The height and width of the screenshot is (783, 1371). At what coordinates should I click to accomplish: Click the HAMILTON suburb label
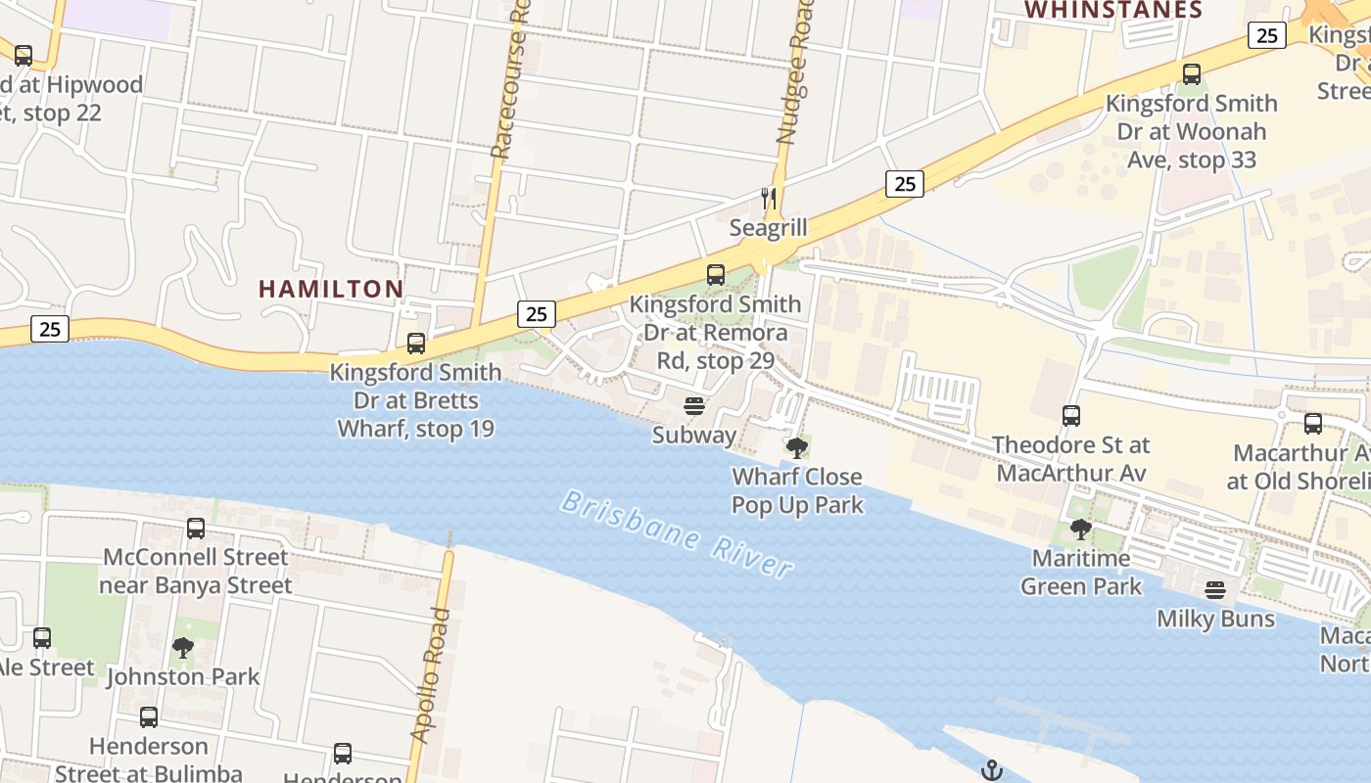331,289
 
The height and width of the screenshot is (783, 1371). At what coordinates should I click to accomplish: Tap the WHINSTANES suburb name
1112,11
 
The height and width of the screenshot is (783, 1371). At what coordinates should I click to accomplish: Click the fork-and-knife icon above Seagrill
769,199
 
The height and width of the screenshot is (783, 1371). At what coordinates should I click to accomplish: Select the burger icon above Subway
694,406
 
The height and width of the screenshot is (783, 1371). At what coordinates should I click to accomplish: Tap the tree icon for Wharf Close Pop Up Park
797,448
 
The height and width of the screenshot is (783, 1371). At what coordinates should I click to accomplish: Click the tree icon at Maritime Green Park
1081,530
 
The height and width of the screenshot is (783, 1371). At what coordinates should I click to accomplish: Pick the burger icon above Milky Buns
1215,590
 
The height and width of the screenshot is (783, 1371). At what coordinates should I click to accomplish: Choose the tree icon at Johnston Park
183,647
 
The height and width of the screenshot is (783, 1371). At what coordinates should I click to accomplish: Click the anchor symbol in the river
992,770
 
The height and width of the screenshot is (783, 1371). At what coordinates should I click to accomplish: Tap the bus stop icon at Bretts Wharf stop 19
416,344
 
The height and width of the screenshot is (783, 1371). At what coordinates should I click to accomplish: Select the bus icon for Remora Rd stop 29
716,275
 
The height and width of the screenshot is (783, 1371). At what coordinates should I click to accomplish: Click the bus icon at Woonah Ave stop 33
1192,74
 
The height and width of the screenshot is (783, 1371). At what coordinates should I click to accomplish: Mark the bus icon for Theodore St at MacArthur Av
1071,416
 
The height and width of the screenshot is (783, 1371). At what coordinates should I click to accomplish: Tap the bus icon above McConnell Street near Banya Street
196,529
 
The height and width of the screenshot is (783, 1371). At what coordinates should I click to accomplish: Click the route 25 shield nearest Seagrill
905,183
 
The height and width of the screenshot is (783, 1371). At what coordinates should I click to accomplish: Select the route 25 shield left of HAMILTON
50,329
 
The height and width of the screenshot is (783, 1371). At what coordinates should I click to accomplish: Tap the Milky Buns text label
1215,619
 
